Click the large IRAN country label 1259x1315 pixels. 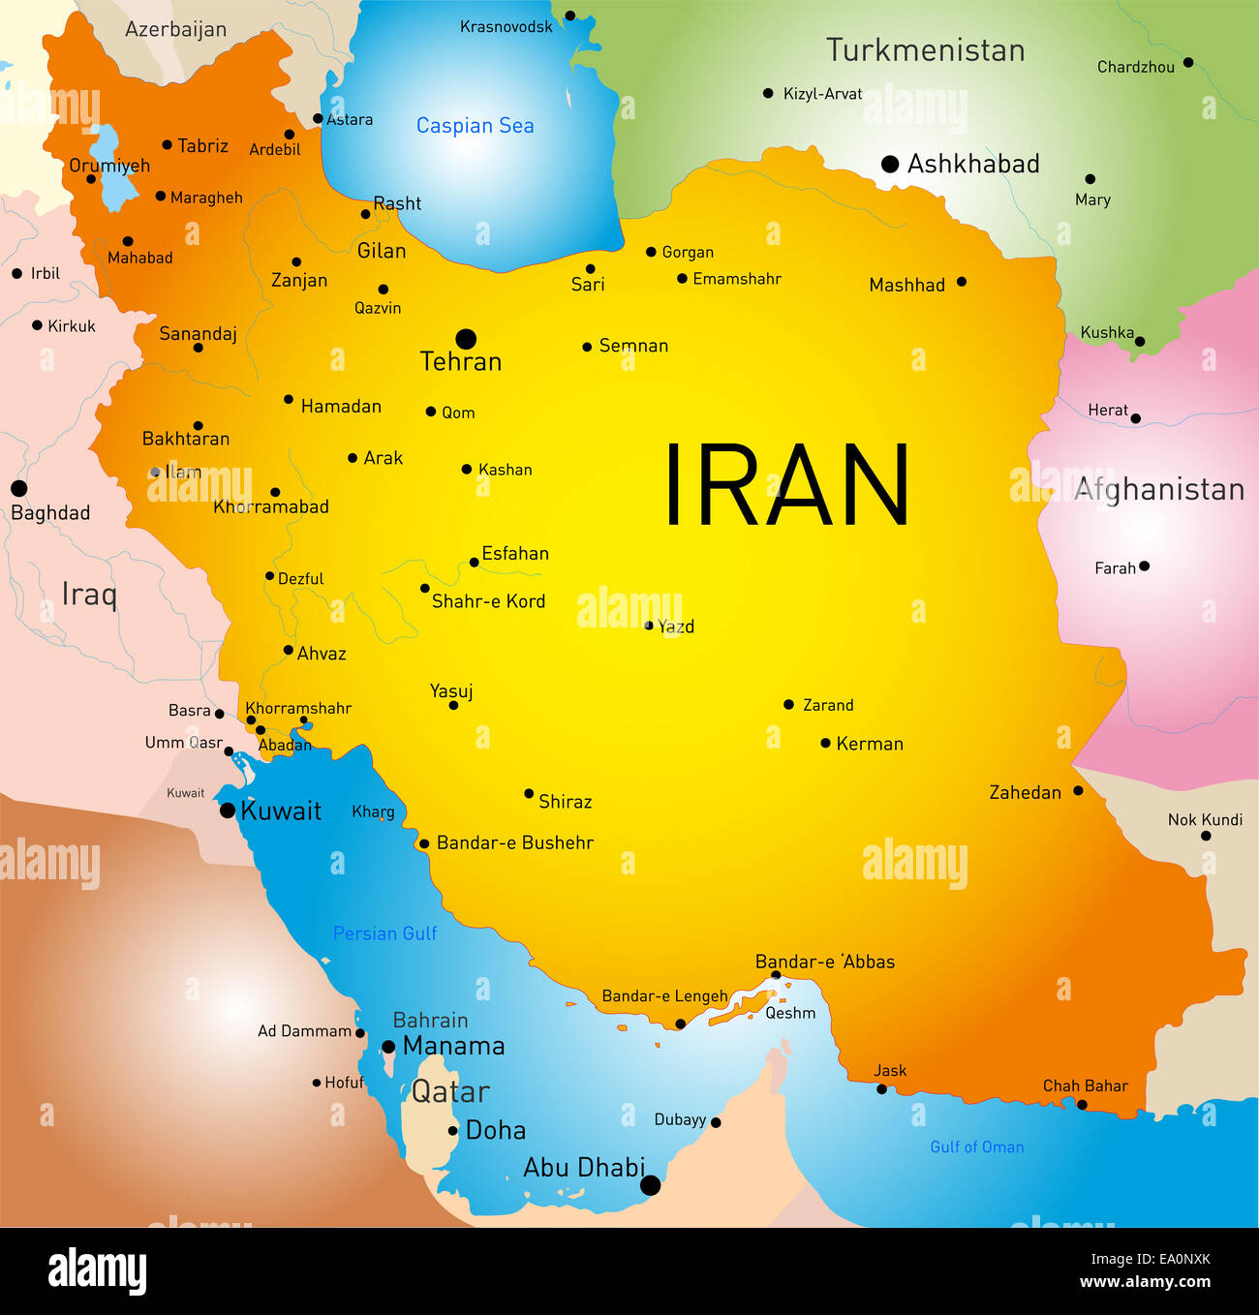point(786,485)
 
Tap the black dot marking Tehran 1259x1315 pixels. point(466,339)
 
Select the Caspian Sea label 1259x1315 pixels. point(475,126)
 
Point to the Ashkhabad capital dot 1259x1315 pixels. point(890,165)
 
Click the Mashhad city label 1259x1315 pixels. point(906,285)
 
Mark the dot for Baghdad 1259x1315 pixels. point(18,488)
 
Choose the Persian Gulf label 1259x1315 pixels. point(384,933)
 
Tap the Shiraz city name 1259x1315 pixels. point(565,802)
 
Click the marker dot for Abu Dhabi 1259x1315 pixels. point(651,1185)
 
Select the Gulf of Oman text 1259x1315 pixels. point(976,1147)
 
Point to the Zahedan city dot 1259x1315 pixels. point(1078,791)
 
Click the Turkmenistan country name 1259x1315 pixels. point(925,50)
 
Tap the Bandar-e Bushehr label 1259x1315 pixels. point(514,843)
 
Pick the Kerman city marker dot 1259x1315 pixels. point(825,744)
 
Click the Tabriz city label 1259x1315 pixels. point(202,146)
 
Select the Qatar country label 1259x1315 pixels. point(450,1092)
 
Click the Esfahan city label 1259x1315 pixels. point(515,554)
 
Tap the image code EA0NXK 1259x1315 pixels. point(1151,1260)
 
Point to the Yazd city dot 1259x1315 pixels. point(649,626)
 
